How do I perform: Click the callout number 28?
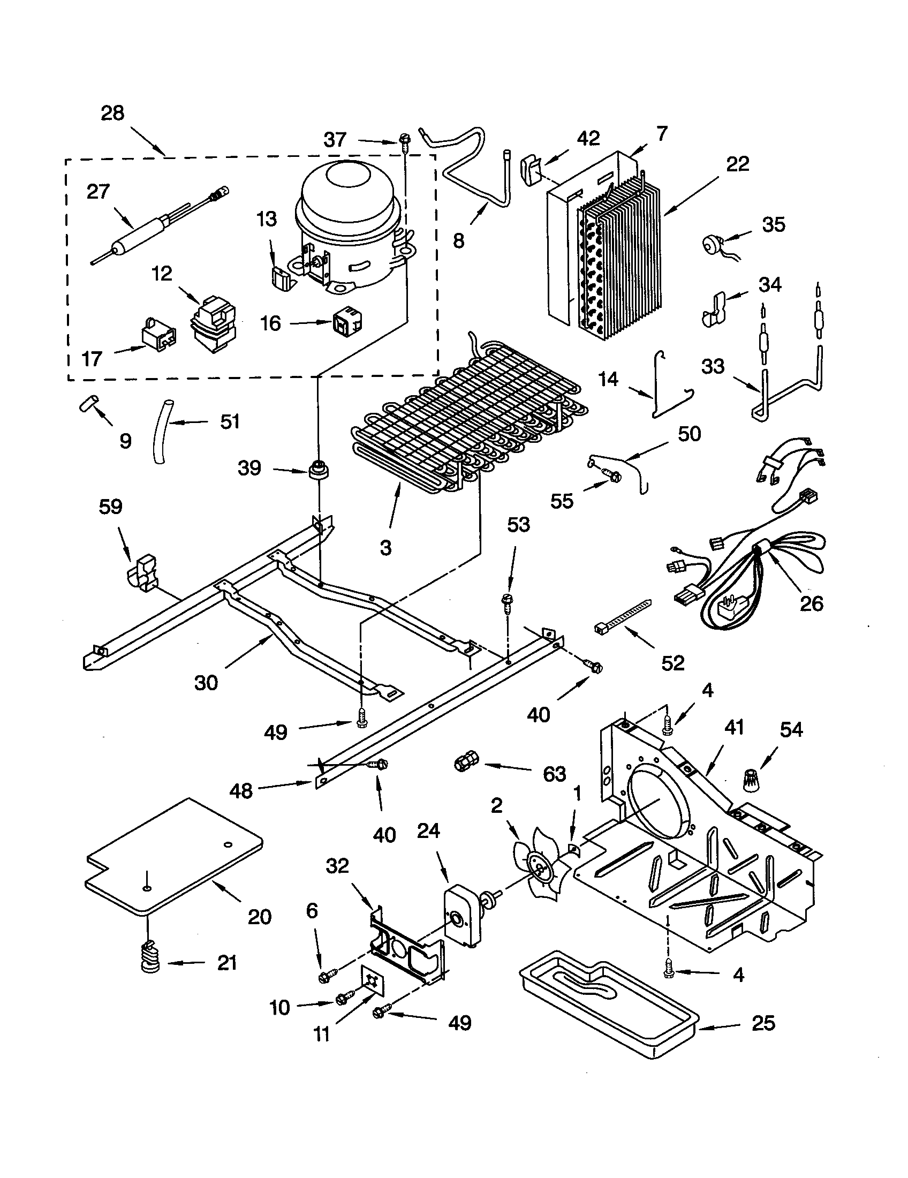tap(112, 114)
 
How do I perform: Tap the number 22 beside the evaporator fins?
tap(737, 164)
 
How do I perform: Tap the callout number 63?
tap(554, 775)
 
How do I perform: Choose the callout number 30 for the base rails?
tap(206, 683)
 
